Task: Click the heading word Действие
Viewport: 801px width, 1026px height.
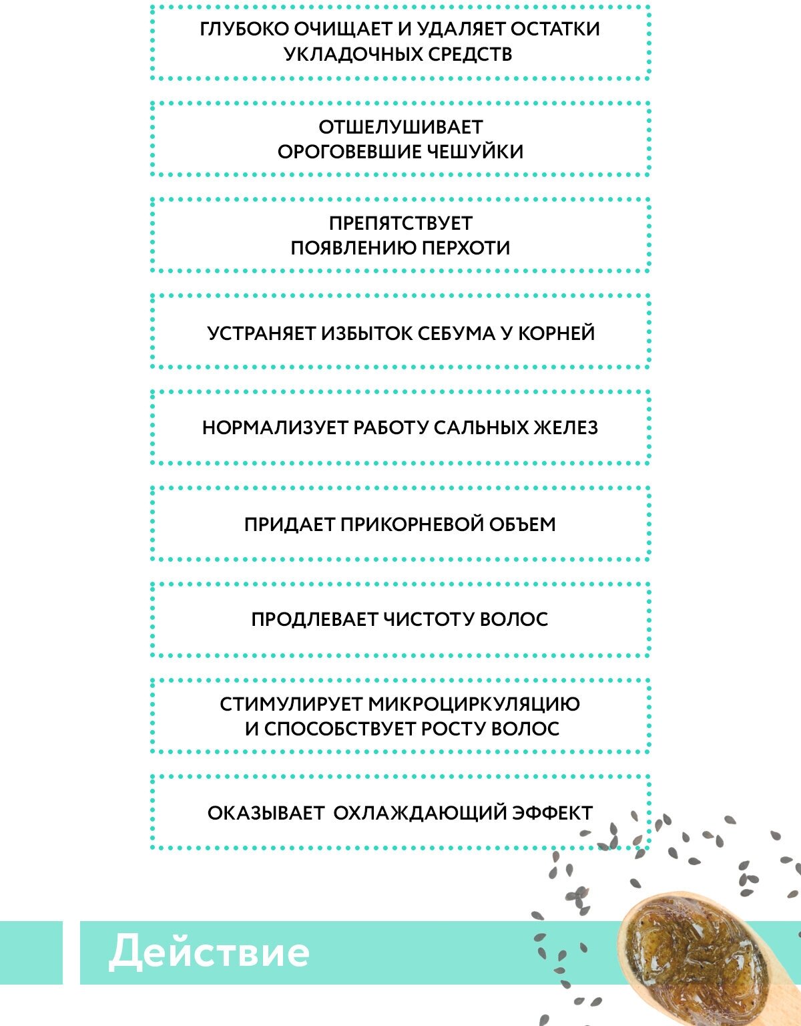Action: coord(209,952)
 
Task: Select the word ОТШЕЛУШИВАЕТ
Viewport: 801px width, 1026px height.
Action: coord(400,127)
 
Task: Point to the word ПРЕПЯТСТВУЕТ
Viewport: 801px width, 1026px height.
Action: coord(400,223)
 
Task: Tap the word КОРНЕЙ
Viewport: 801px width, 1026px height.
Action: coord(557,333)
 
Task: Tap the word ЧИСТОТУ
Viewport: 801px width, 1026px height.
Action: coord(429,619)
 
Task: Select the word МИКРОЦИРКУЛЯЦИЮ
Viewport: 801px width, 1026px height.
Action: coord(474,704)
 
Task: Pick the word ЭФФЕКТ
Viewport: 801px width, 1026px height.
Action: coord(552,813)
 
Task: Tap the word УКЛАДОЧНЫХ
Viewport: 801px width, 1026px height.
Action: coord(338,54)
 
